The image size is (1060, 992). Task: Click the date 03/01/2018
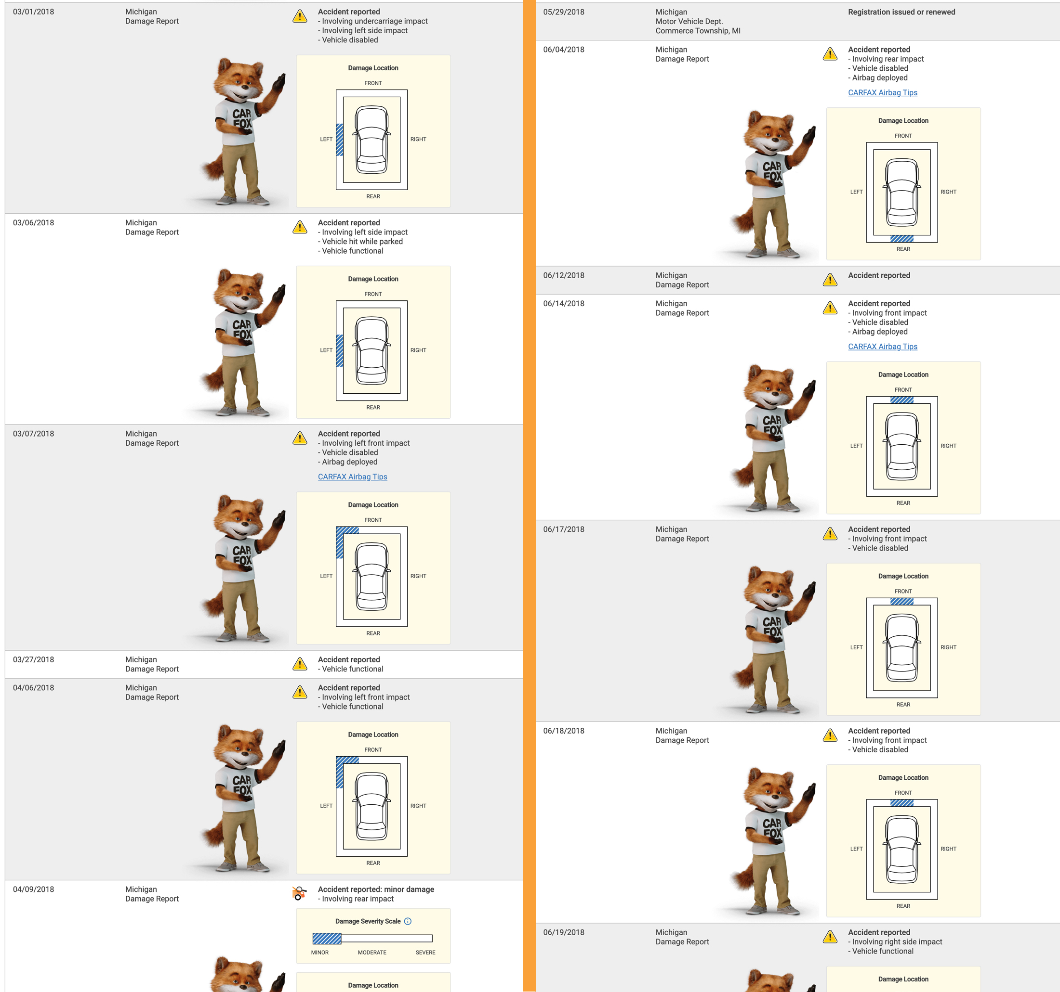coord(34,12)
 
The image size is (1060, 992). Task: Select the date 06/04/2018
coord(564,50)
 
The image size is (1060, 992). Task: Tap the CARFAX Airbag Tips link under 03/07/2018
coord(352,477)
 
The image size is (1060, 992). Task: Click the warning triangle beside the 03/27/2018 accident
coord(300,664)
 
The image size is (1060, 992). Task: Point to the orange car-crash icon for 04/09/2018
coord(300,893)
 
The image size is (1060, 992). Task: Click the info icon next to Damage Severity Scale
coord(408,921)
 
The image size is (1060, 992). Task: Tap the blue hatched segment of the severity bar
coord(327,938)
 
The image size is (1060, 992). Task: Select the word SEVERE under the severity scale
coord(425,953)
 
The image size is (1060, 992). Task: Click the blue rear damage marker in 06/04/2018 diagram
coord(901,239)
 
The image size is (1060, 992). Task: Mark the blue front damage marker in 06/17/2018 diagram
coord(901,602)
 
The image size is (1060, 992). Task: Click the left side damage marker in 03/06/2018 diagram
coord(340,350)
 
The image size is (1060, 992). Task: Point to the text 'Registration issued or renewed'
coord(901,12)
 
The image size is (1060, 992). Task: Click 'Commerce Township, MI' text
coord(698,31)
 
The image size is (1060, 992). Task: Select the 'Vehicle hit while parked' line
coord(360,241)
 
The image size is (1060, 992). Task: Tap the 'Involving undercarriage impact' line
coord(373,21)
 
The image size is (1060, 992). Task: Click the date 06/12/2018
coord(564,275)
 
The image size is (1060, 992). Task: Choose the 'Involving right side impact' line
coord(895,941)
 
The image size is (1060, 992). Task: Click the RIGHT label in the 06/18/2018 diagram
coord(948,849)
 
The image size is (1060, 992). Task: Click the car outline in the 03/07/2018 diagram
coord(371,576)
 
